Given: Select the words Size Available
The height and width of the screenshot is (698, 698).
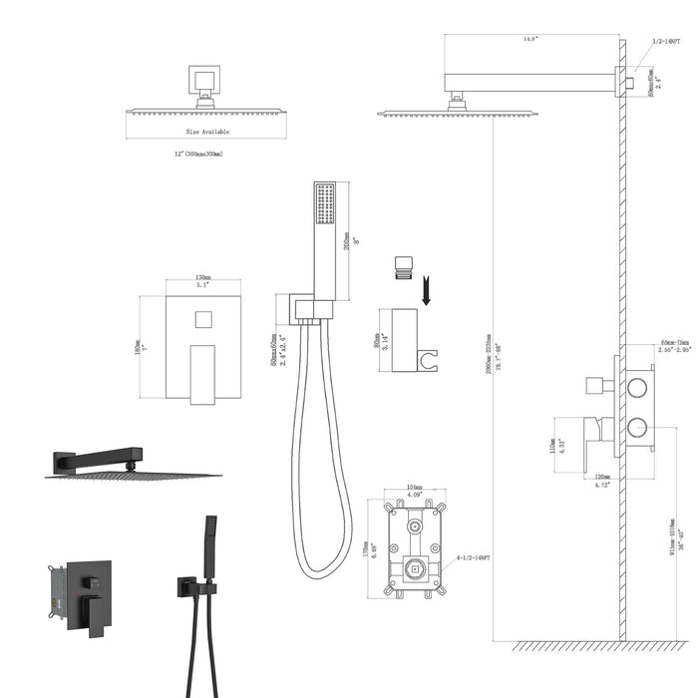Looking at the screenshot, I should (206, 131).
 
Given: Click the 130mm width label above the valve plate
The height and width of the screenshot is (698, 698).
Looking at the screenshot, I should (202, 278).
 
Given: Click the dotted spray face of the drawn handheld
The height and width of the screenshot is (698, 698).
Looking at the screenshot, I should (324, 203).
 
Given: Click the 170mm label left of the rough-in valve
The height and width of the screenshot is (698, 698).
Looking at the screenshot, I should (373, 550).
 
